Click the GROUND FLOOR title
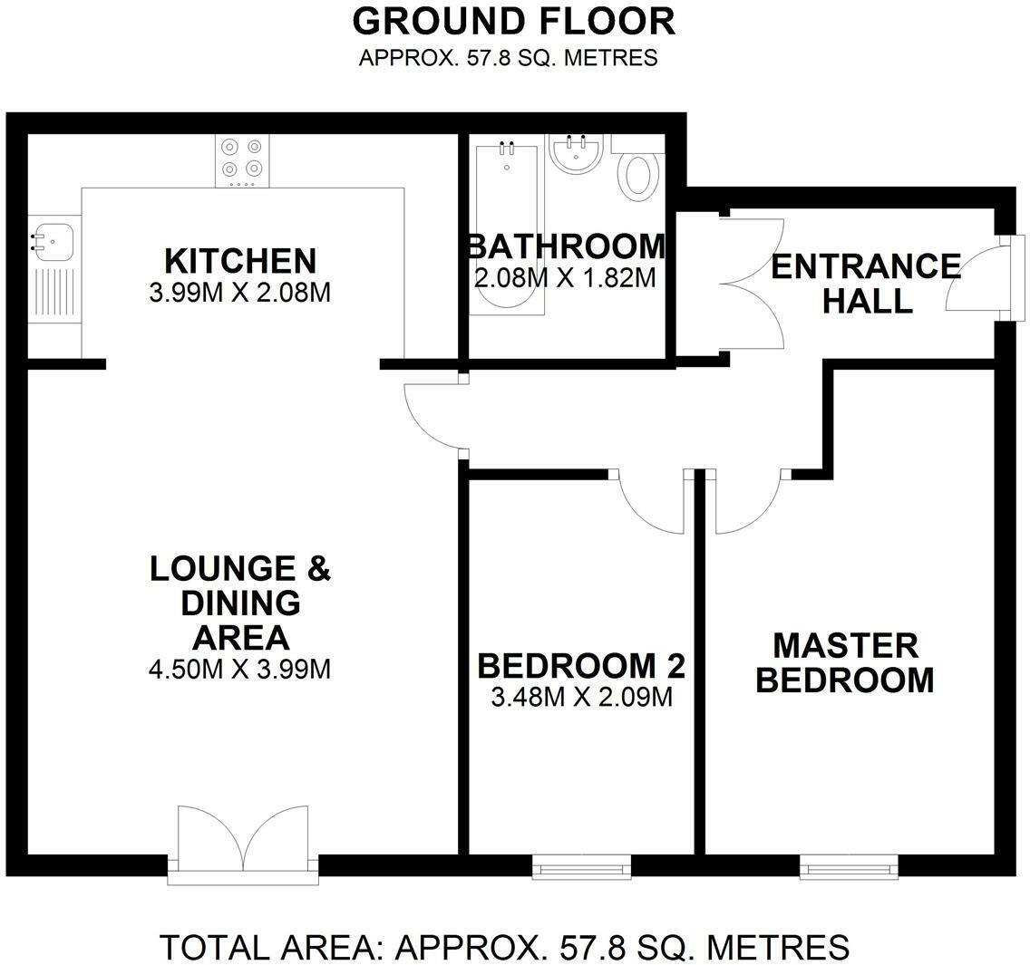pos(514,21)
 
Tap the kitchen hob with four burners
pos(242,159)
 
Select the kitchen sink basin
pos(53,240)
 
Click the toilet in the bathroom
pos(638,174)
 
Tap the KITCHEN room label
pos(240,261)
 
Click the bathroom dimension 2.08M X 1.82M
pos(565,277)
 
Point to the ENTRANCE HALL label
pos(866,283)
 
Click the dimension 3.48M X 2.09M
pos(580,698)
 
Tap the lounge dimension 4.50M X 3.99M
pos(239,670)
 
